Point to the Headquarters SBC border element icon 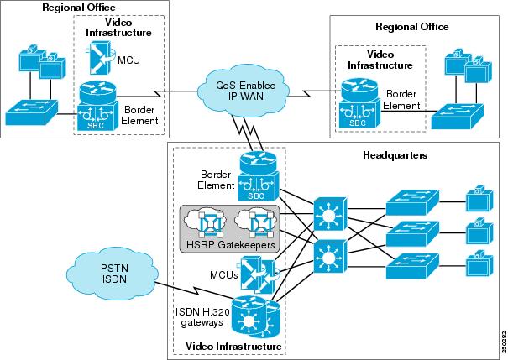[257, 175]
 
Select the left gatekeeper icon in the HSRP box [206, 222]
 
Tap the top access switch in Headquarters [410, 202]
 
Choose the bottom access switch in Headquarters [410, 263]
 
